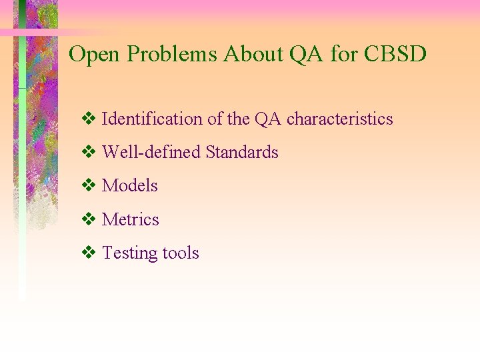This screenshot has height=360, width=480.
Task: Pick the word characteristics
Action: click(339, 119)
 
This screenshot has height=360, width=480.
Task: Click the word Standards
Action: click(241, 153)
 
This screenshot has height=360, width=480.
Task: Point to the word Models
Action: click(129, 186)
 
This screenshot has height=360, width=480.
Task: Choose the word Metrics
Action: click(130, 219)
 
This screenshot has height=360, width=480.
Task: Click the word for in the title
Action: click(344, 54)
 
